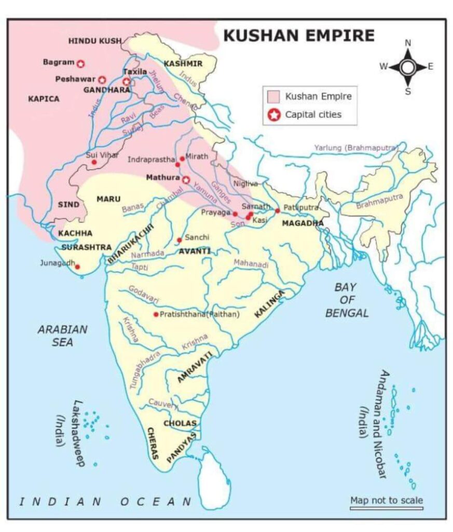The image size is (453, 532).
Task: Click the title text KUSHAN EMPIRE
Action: coord(298,35)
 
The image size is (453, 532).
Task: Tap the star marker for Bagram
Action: coord(80,63)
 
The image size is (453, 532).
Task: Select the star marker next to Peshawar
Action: coord(102,79)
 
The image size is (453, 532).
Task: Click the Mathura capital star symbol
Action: coord(186,179)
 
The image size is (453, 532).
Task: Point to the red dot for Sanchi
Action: coord(179,240)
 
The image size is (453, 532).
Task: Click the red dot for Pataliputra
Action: coord(278,210)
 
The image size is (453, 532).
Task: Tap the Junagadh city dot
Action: coord(78,267)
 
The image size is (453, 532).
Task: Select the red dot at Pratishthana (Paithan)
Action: coord(156,314)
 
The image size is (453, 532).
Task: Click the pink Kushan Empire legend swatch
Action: coord(274,97)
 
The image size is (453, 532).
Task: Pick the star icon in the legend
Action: coord(274,114)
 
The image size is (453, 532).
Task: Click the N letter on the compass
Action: coord(408,43)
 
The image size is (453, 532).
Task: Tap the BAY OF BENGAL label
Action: coord(347,300)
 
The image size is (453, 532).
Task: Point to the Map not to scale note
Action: coord(386,500)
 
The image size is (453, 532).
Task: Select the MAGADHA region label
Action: coord(303,223)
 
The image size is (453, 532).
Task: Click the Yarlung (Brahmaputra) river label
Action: coord(356,148)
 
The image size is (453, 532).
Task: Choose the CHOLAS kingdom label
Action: coord(180,423)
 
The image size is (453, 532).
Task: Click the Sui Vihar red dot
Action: coord(94,162)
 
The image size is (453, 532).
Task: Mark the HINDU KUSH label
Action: coord(95,41)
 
